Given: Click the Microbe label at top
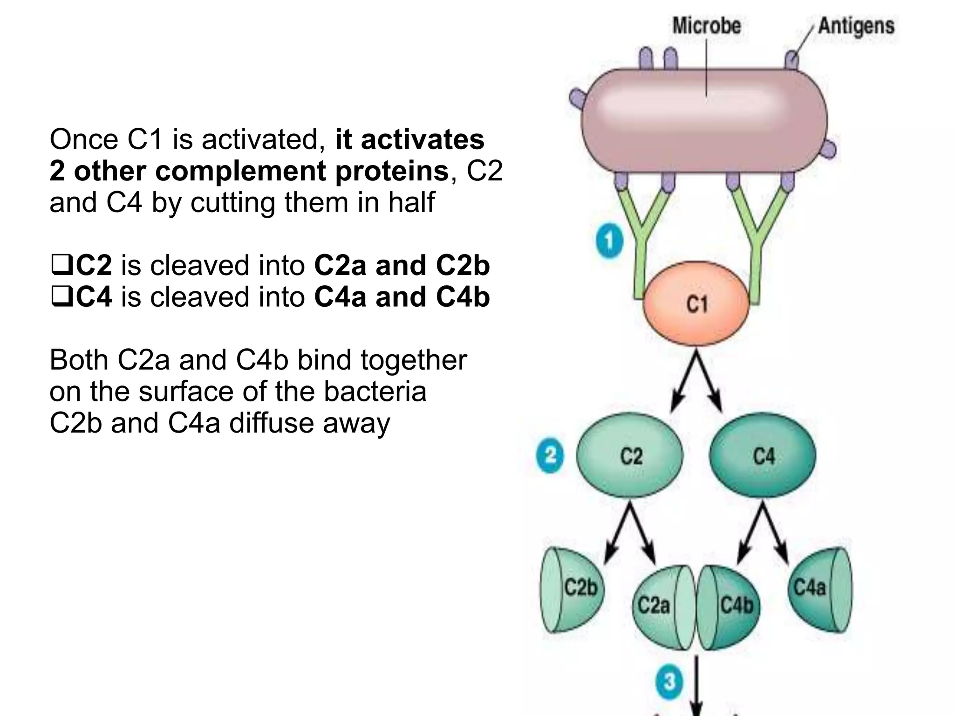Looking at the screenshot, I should point(706,25).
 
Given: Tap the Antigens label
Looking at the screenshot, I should point(856,25).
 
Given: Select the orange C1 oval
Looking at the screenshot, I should point(696,304).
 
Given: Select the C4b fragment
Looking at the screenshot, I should point(734,606).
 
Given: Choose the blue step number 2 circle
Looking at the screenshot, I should point(550,455).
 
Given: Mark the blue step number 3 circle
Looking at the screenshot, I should point(669,682).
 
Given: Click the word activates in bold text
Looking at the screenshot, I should point(422,139).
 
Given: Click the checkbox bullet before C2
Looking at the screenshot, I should point(61,265).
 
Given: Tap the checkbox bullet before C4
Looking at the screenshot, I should point(61,297).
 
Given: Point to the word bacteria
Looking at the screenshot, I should point(375,391).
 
